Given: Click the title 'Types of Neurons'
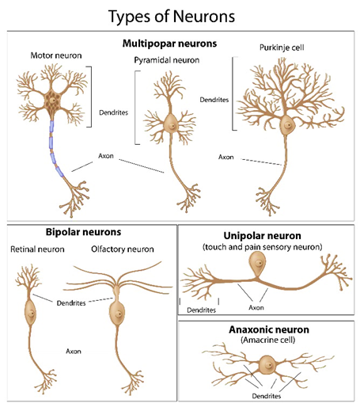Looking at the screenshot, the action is (x=172, y=17).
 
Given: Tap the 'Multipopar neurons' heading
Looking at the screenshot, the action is (x=169, y=44).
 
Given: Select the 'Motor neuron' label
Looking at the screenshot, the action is (x=56, y=55).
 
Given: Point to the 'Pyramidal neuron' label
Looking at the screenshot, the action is (x=167, y=60).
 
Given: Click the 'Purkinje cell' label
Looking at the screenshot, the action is (x=282, y=48).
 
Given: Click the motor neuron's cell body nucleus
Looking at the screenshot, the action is (x=53, y=101).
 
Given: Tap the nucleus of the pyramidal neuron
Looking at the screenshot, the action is (x=172, y=126).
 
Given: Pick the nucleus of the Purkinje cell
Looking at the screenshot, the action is (x=288, y=125).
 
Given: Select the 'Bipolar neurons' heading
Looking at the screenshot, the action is (x=83, y=232).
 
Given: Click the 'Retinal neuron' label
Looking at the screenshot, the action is (x=37, y=249).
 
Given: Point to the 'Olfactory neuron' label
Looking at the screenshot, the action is (x=123, y=249).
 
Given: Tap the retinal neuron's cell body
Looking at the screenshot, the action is (x=30, y=313).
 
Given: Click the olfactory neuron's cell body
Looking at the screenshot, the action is (x=117, y=314).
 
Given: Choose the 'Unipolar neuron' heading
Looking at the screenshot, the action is (x=262, y=235).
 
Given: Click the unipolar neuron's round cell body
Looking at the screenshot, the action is (x=258, y=264).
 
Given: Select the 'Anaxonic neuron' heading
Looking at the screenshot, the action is (x=269, y=329).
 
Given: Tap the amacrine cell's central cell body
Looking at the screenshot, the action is (x=267, y=365).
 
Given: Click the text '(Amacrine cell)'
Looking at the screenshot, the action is (x=267, y=340).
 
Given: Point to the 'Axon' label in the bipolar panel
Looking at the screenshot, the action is (x=74, y=352).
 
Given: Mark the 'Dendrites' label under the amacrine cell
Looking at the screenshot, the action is (x=267, y=396).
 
